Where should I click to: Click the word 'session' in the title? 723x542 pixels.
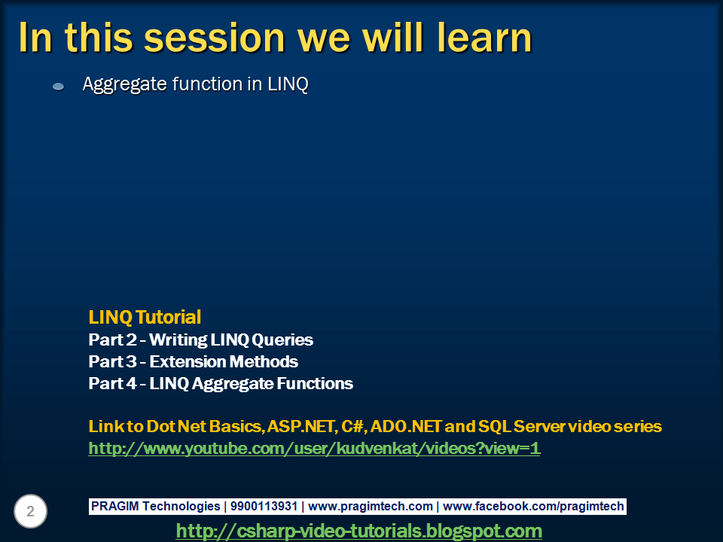pyautogui.click(x=215, y=38)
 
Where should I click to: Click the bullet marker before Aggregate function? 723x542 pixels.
pyautogui.click(x=58, y=86)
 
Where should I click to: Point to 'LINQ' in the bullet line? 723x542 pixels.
pyautogui.click(x=288, y=84)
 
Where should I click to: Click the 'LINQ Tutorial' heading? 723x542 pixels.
pyautogui.click(x=145, y=317)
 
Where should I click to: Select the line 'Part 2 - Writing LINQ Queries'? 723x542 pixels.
pyautogui.click(x=200, y=340)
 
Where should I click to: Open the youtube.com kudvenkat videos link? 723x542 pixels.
pyautogui.click(x=314, y=449)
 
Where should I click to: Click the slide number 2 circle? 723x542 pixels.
pyautogui.click(x=30, y=511)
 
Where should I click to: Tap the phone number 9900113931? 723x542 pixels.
pyautogui.click(x=264, y=506)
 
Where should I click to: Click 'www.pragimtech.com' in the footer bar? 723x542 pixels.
pyautogui.click(x=371, y=507)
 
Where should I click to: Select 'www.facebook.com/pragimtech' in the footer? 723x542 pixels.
pyautogui.click(x=533, y=507)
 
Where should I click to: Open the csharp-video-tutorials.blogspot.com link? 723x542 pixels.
pyautogui.click(x=358, y=531)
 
